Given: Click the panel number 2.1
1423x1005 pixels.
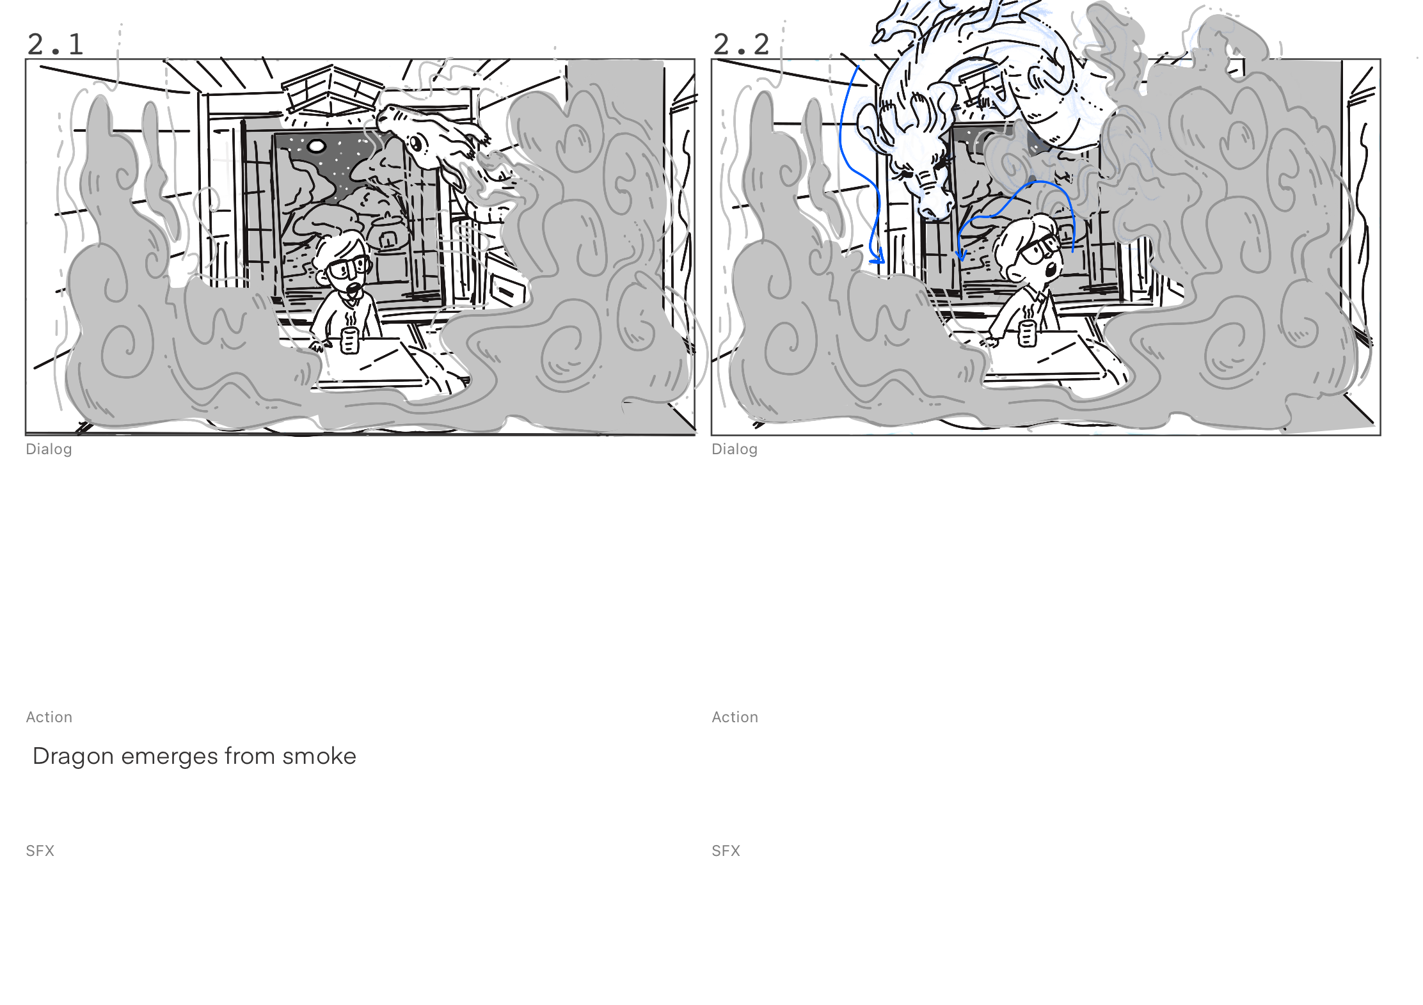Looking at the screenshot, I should (56, 44).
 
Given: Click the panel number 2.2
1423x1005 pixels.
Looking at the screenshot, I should (741, 44).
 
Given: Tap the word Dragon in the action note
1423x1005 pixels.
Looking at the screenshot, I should (73, 756).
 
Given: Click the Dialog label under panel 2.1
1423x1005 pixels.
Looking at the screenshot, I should (49, 449).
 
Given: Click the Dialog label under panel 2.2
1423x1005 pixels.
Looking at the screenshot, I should (735, 449).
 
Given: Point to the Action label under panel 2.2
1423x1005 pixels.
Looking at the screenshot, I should (735, 717).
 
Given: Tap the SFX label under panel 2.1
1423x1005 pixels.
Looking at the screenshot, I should (40, 851).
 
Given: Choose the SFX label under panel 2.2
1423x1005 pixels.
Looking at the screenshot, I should (726, 851).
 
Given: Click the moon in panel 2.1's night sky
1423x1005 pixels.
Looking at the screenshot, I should (316, 146).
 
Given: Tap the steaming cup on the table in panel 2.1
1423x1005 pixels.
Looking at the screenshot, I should (349, 340).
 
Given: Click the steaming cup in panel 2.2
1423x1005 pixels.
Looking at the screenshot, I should (1027, 333).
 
